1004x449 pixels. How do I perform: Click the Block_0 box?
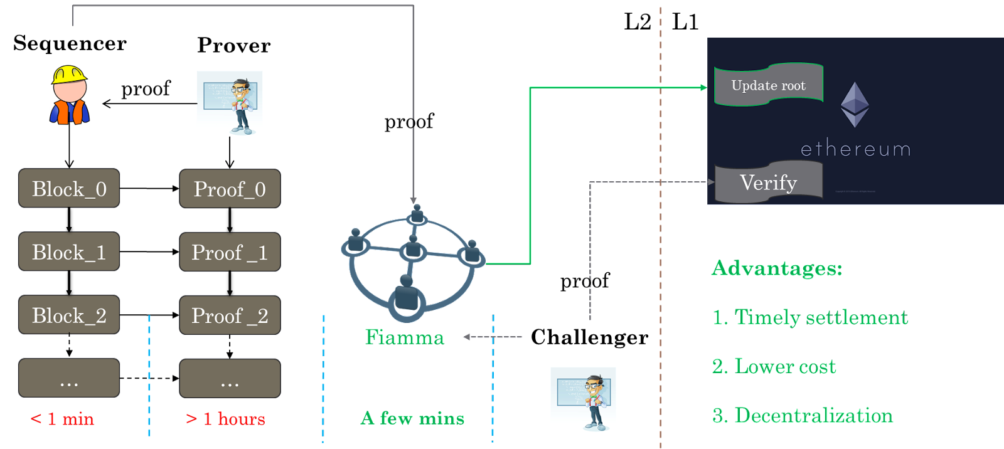[x=69, y=188]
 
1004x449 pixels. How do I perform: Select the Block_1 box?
[x=69, y=251]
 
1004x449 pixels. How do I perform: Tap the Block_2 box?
[x=69, y=315]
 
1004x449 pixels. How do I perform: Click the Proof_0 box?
[x=230, y=188]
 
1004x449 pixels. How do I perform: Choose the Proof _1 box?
[x=230, y=252]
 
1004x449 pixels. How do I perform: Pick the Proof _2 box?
[x=230, y=315]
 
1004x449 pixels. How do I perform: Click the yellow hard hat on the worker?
[x=68, y=75]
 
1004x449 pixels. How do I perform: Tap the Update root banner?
[x=768, y=85]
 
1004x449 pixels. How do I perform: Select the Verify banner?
[x=768, y=182]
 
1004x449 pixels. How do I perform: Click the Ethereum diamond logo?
[x=855, y=104]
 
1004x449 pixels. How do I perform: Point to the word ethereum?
[x=855, y=149]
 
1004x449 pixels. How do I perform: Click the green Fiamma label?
[x=404, y=337]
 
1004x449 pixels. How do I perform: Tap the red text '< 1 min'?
[x=62, y=418]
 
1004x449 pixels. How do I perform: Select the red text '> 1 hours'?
[x=225, y=418]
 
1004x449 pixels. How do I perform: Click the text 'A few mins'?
[x=412, y=418]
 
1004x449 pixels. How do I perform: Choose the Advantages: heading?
[x=776, y=268]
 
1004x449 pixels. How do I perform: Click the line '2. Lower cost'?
[x=774, y=366]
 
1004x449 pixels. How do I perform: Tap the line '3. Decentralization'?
[x=803, y=415]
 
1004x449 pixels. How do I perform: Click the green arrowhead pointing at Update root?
[x=703, y=88]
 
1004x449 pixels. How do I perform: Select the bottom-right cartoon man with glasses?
[x=583, y=399]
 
